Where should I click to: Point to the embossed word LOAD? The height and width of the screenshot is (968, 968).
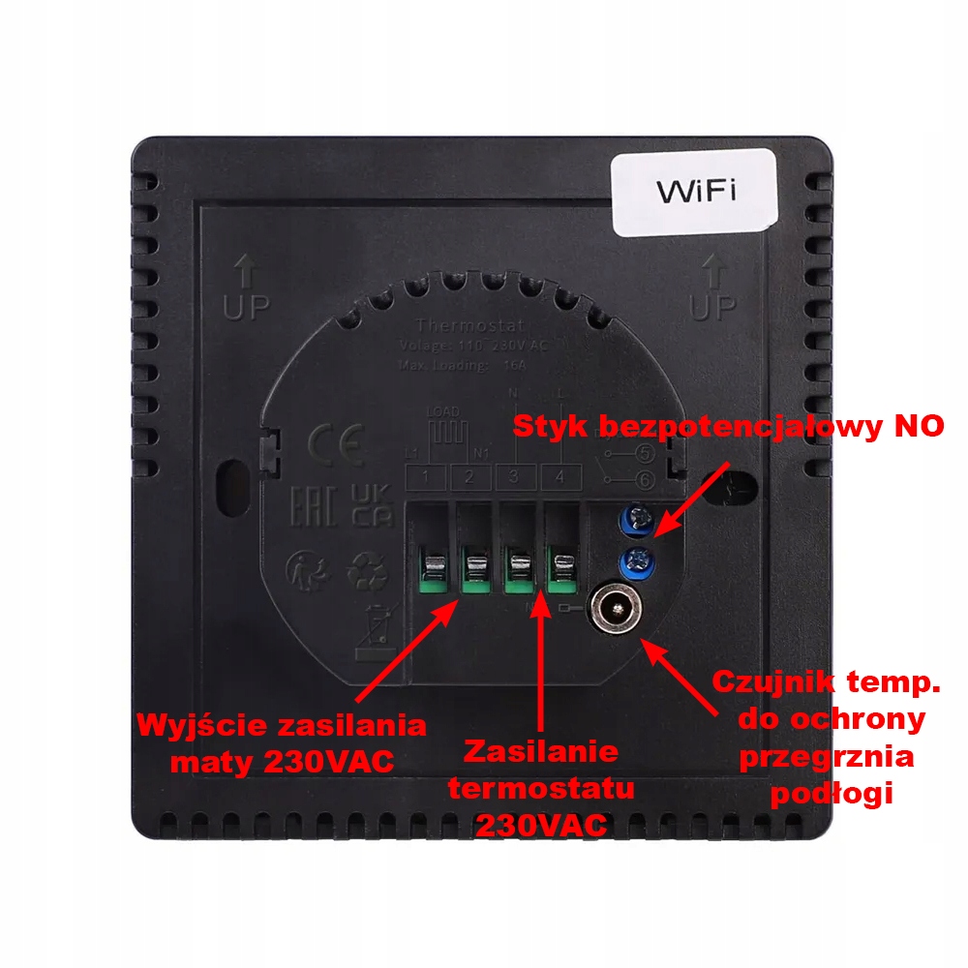click(443, 411)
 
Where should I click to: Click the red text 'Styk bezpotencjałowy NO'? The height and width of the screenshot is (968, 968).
click(729, 427)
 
